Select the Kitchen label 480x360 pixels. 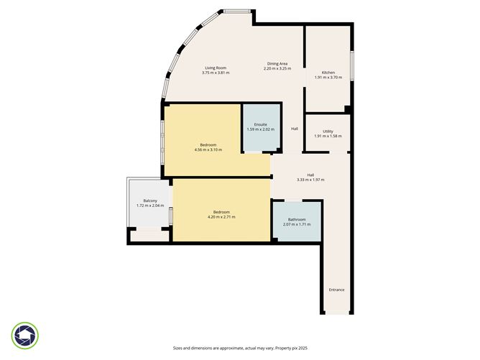point(328,73)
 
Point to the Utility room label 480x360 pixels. point(328,131)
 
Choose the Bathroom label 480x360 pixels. point(297,220)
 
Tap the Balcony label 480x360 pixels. point(150,200)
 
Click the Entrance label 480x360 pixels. point(336,290)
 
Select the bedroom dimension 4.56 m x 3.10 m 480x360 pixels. point(208,150)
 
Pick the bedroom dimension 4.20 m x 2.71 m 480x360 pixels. point(221,216)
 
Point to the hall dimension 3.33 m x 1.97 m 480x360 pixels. point(310,180)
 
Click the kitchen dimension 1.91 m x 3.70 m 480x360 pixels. point(328,78)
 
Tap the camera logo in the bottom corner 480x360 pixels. point(25,336)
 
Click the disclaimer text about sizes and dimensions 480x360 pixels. point(239,347)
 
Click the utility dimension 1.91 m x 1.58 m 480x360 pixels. point(328,137)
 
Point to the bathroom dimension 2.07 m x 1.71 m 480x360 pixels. point(297,225)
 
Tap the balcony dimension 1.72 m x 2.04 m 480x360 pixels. point(150,206)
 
